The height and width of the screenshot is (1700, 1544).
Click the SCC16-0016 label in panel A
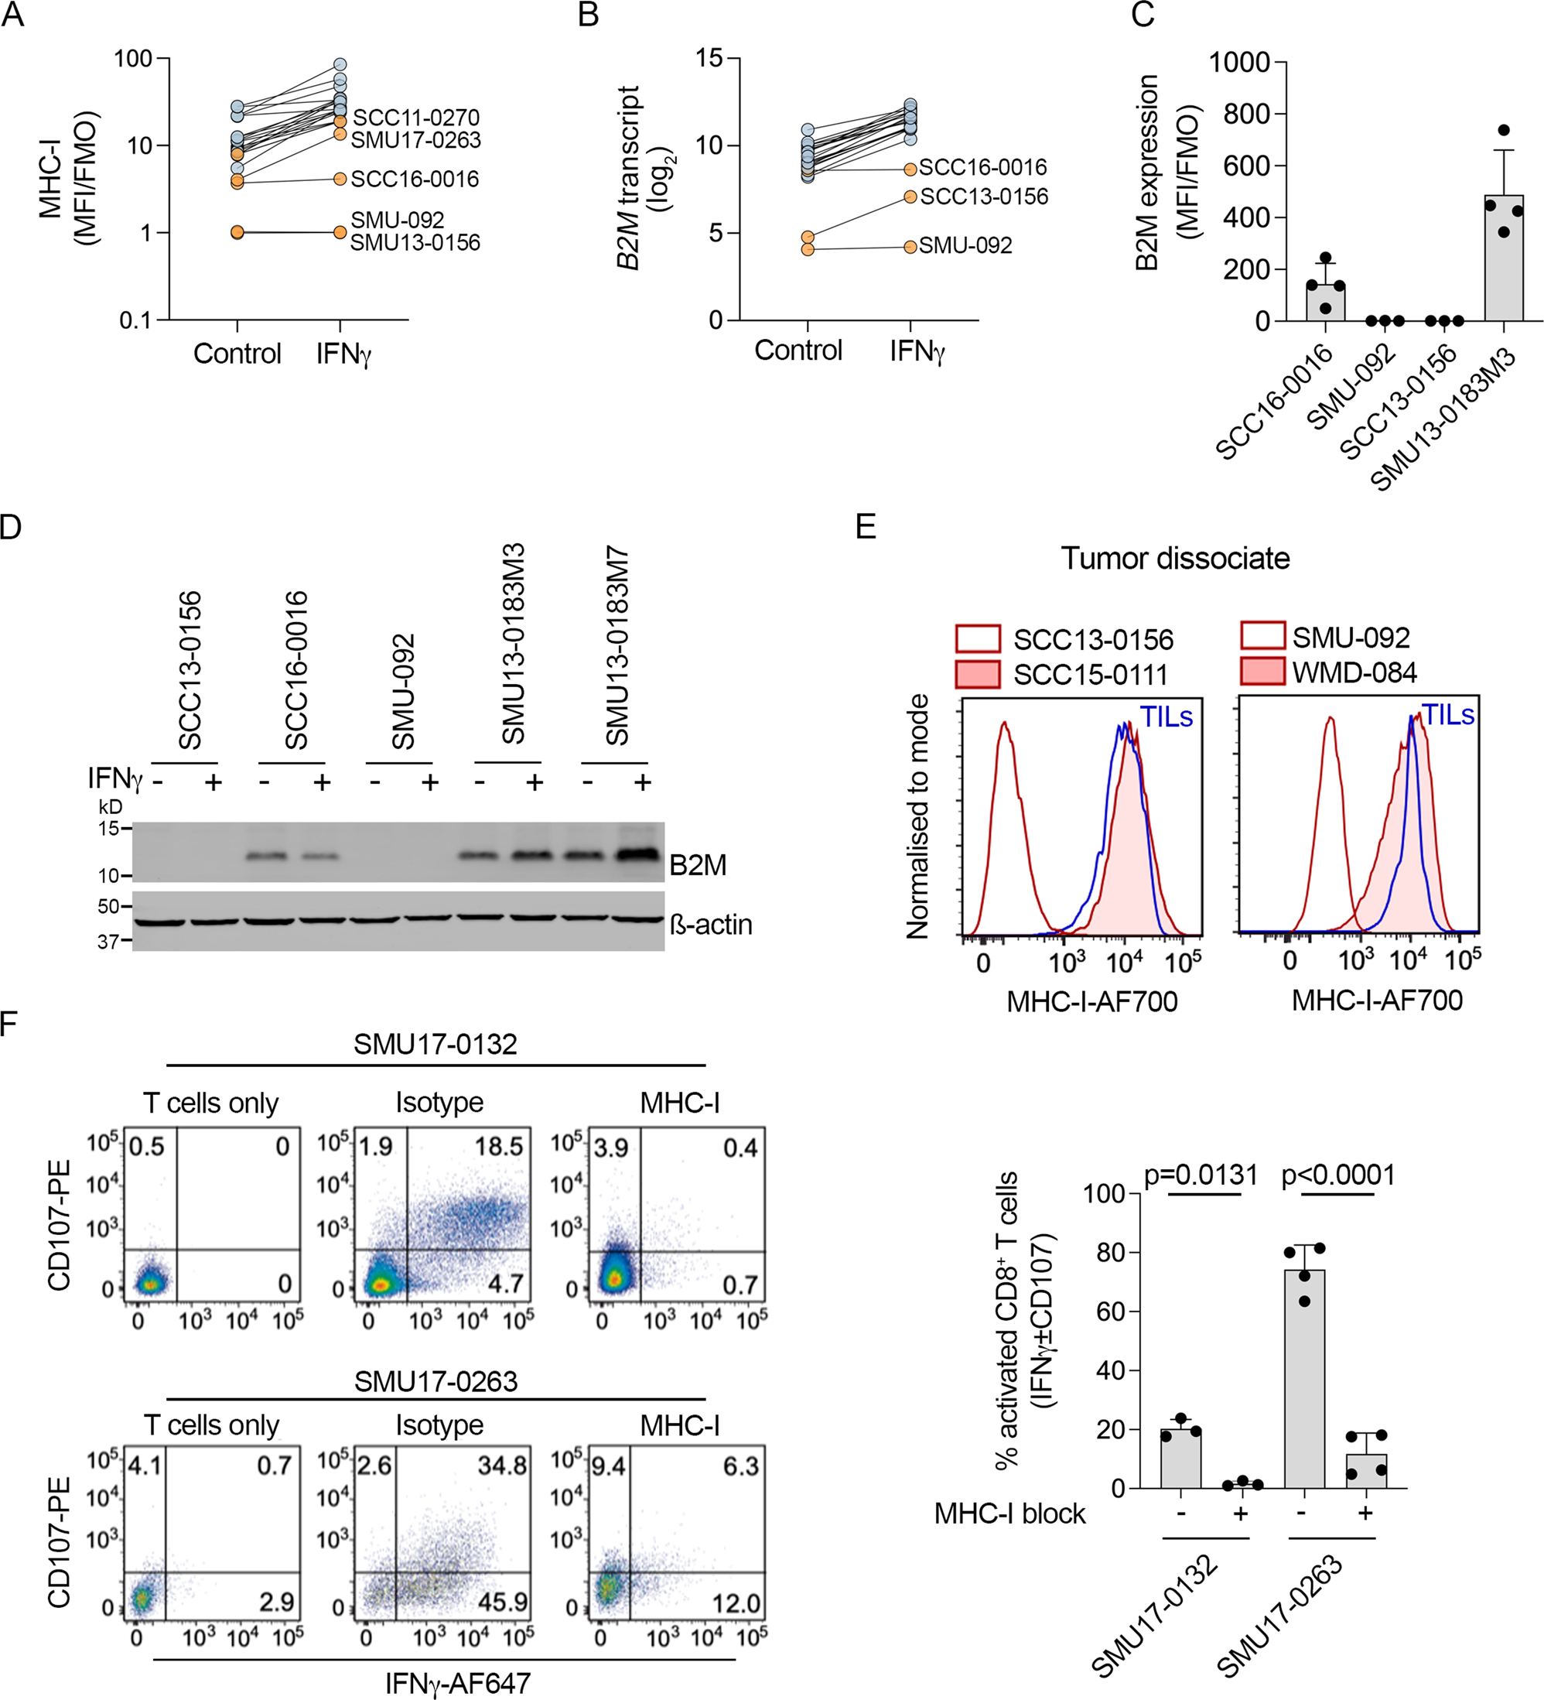[414, 179]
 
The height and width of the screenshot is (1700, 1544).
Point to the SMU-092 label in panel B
[965, 245]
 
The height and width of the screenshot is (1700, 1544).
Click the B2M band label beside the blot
[698, 865]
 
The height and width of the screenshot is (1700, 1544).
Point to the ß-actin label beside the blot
[710, 925]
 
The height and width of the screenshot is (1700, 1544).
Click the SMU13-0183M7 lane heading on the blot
[618, 646]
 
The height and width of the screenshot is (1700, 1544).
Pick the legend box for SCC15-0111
[978, 675]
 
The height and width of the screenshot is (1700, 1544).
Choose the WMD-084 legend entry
[1354, 672]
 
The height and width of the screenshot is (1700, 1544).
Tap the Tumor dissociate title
[1175, 558]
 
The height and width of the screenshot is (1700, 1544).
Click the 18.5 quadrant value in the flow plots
[499, 1146]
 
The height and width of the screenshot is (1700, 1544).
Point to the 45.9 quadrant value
[502, 1601]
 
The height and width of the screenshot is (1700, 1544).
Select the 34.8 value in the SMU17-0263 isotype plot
[501, 1466]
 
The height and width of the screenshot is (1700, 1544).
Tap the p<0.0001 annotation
[1337, 1175]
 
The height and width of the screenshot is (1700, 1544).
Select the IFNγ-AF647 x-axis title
[458, 1682]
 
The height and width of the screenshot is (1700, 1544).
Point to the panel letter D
[11, 527]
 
